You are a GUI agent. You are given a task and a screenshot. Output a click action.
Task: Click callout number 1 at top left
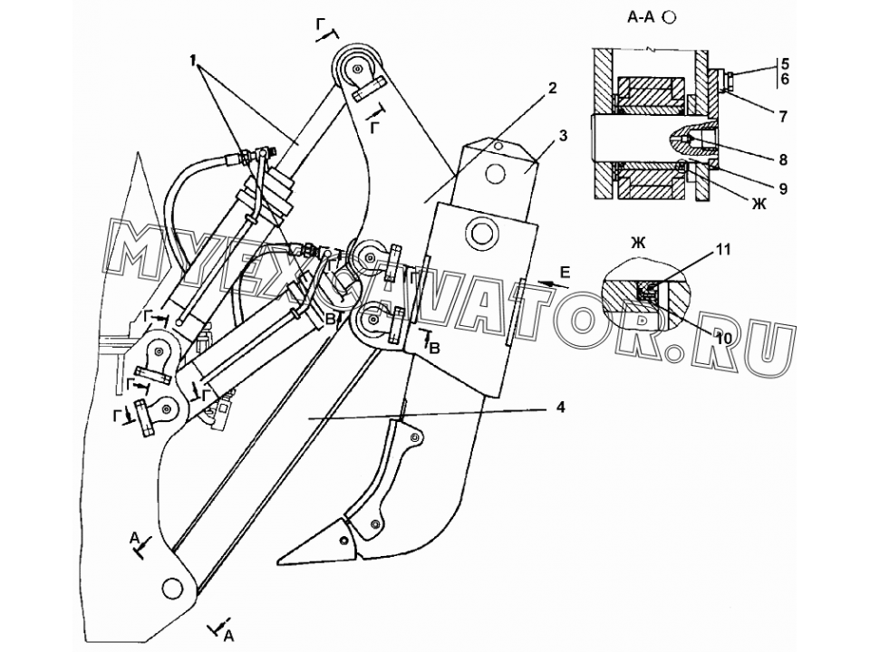pos(192,61)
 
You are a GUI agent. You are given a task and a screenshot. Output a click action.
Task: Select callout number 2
pos(551,88)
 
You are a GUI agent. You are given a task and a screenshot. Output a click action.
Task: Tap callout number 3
pos(563,136)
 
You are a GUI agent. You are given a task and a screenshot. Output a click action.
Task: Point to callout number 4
pos(560,407)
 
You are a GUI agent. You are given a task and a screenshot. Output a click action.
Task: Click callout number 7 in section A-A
pos(783,117)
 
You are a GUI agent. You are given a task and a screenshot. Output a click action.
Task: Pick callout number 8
pos(783,160)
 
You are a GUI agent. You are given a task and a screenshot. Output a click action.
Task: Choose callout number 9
pos(783,189)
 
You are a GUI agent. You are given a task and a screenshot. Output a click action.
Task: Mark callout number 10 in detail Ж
pos(723,337)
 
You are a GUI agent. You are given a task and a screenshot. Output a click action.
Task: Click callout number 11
pos(723,251)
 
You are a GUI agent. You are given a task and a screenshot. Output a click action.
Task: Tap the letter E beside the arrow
pos(565,272)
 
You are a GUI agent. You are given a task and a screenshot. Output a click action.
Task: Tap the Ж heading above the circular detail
pos(639,242)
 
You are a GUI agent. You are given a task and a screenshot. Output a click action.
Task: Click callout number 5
pos(785,62)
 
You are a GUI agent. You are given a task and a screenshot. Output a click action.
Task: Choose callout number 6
pos(785,80)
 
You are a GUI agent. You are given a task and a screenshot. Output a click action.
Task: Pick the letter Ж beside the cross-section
pos(759,205)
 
